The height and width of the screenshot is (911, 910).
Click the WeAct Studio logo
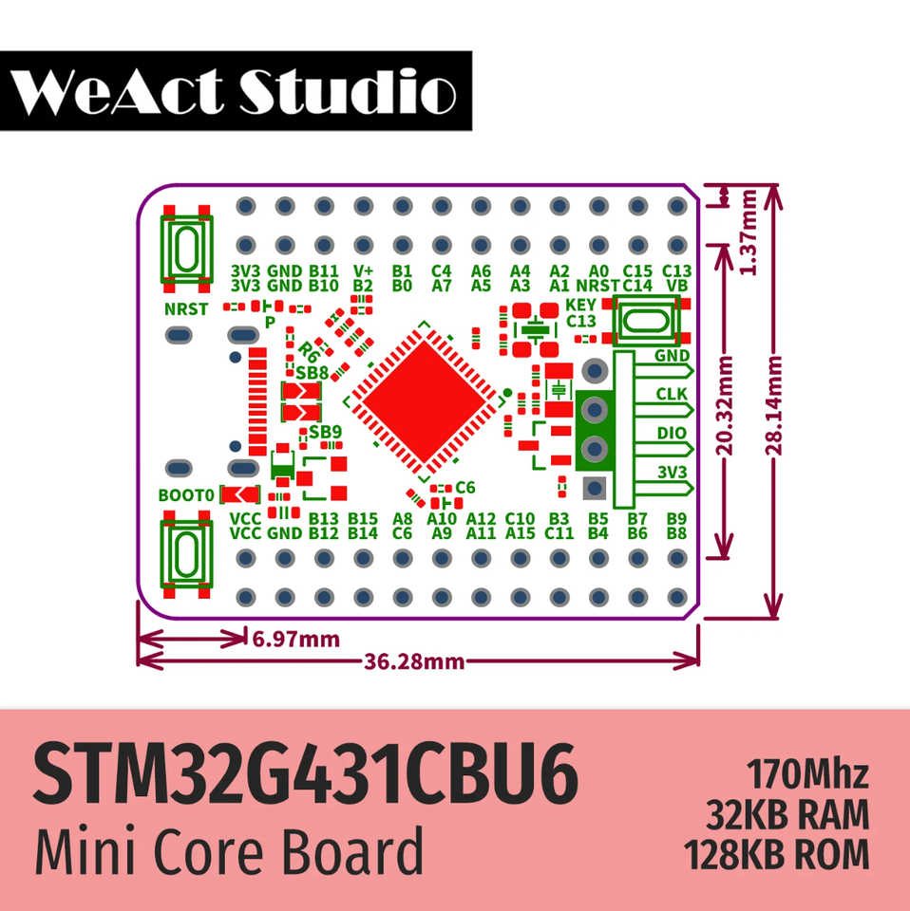pyautogui.click(x=236, y=90)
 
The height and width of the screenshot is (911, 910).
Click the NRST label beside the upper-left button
pyautogui.click(x=186, y=309)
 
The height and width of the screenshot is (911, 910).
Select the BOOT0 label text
pyautogui.click(x=186, y=495)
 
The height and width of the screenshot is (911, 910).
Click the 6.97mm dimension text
pyautogui.click(x=295, y=639)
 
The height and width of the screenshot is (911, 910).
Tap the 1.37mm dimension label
pyautogui.click(x=749, y=232)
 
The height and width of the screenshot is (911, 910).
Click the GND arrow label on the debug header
pyautogui.click(x=672, y=356)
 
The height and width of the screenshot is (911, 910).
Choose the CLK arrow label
pyautogui.click(x=672, y=394)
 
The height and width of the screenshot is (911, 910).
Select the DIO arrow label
pyautogui.click(x=672, y=432)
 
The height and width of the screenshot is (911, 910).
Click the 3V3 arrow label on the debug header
pyautogui.click(x=672, y=471)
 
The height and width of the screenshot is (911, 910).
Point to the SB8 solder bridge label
pyautogui.click(x=312, y=373)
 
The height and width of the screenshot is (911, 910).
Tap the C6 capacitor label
pyautogui.click(x=464, y=488)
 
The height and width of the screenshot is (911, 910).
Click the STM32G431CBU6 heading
pyautogui.click(x=306, y=777)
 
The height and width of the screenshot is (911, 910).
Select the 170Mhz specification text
pyautogui.click(x=807, y=773)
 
